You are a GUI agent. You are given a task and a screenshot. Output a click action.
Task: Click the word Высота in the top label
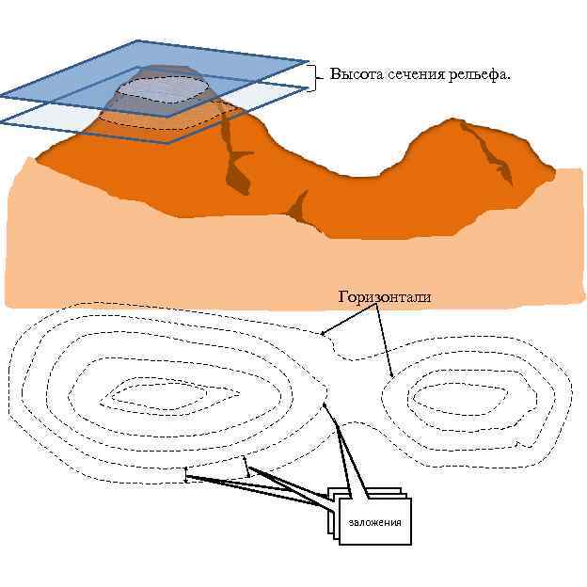tap(353, 74)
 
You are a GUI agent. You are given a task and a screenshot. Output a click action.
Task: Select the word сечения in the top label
tap(407, 74)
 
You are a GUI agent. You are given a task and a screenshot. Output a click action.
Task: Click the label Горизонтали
tap(384, 297)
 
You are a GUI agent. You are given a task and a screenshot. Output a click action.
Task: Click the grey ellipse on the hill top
tap(163, 87)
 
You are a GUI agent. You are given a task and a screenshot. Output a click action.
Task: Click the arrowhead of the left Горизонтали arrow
tap(323, 332)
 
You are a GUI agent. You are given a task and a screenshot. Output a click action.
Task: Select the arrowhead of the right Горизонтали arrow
tap(391, 378)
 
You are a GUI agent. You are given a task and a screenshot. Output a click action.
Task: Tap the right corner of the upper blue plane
tap(308, 62)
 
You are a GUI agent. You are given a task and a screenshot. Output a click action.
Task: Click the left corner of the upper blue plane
tap(3, 95)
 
